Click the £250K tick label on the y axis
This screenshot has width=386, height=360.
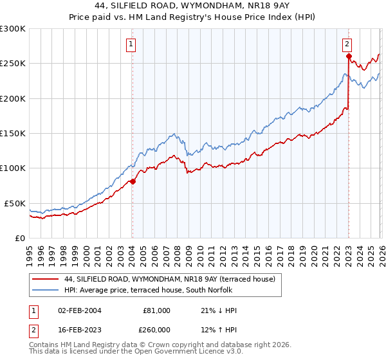click(x=13, y=64)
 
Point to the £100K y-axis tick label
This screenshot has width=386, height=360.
click(x=13, y=168)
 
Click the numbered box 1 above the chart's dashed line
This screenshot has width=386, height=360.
click(x=131, y=44)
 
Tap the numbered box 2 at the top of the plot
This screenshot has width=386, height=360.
click(x=347, y=44)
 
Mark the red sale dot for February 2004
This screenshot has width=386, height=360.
click(x=133, y=181)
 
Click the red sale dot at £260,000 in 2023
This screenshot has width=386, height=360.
click(x=348, y=57)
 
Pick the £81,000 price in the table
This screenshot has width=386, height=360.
click(x=156, y=310)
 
